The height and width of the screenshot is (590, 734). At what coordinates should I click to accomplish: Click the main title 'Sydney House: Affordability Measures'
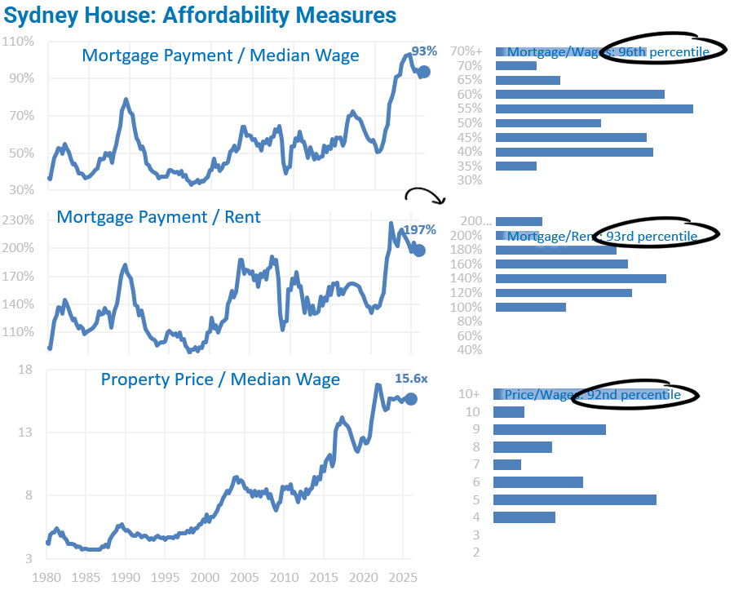(x=201, y=15)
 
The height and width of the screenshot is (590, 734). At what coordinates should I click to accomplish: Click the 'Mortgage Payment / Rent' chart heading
(x=159, y=217)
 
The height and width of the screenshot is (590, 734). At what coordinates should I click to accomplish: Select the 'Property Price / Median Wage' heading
(x=220, y=379)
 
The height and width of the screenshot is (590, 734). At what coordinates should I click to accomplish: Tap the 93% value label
(x=424, y=51)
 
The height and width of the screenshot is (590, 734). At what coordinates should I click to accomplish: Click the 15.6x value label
(x=411, y=379)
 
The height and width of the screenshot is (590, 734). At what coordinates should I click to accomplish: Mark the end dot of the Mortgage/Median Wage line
(x=423, y=72)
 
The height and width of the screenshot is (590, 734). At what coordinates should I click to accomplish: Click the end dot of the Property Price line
(x=412, y=398)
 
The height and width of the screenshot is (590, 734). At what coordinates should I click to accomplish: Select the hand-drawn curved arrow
(x=424, y=195)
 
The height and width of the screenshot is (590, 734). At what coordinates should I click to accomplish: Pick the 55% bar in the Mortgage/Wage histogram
(x=594, y=109)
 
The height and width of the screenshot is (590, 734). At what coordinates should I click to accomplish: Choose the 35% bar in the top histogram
(x=515, y=166)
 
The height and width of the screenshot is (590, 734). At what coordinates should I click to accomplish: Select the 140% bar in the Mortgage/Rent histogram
(x=581, y=278)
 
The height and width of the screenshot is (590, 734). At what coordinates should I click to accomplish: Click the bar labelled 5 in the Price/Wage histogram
(x=575, y=499)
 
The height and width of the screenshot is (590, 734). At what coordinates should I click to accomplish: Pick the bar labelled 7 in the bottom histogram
(x=507, y=464)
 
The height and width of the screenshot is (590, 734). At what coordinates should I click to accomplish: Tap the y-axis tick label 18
(x=25, y=370)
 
